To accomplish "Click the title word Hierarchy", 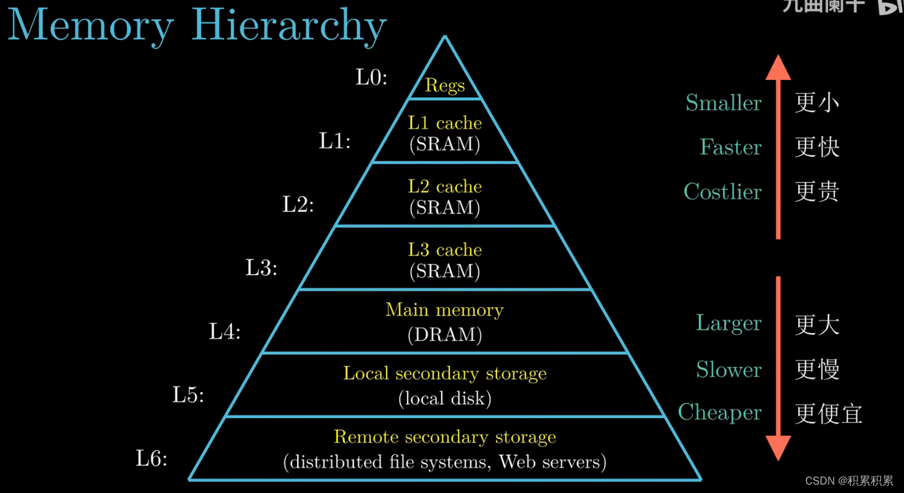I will coord(289,26).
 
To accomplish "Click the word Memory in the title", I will coord(91,26).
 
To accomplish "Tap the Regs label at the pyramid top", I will coord(445,85).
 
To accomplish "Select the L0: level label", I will coord(371,77).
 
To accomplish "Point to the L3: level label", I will coord(261,268).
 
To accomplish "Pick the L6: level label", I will coord(152,459).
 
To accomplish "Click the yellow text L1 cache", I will coord(445,123).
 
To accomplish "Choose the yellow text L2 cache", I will coord(445,186).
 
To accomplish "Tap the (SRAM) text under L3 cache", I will coord(445,272).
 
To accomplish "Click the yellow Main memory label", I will coord(445,310).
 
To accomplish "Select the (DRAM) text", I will coord(445,334).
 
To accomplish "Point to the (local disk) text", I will coord(445,398).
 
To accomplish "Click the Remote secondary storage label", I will coord(445,437).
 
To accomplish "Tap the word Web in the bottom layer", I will coord(513,462).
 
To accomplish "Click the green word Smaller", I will coord(723,103).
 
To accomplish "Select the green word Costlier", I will coord(722,192).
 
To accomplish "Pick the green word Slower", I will coord(729,370).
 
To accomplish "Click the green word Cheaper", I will coord(720,412).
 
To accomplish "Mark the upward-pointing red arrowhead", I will coord(778,67).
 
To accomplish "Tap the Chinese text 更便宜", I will coord(829,414).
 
